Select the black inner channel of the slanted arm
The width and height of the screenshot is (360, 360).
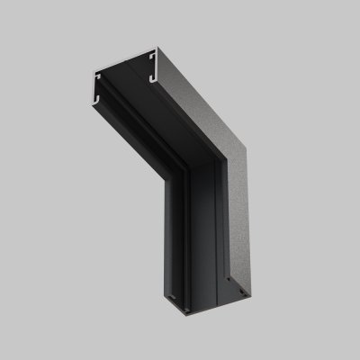(x=153, y=135)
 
